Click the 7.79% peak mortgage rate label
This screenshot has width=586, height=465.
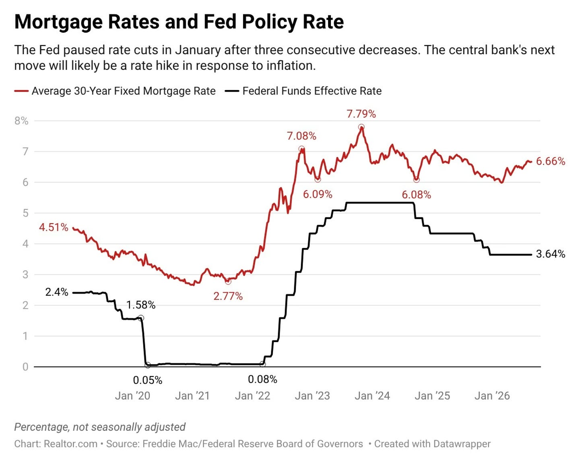[x=361, y=114]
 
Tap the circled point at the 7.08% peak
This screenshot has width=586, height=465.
[x=301, y=149]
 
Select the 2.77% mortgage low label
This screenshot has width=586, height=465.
[x=228, y=296]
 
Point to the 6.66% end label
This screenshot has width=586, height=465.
[x=551, y=161]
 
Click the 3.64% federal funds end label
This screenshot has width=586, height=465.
[x=551, y=254]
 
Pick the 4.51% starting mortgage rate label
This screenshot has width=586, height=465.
[x=54, y=227]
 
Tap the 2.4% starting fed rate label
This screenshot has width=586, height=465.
[x=57, y=292]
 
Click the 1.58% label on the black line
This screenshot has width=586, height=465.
[x=141, y=305]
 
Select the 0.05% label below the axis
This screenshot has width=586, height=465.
[x=148, y=380]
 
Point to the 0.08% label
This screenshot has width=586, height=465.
[x=262, y=379]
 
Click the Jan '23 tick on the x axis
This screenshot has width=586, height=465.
[x=312, y=396]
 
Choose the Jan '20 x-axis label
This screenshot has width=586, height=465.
[x=132, y=396]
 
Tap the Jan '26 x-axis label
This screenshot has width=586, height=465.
[x=492, y=396]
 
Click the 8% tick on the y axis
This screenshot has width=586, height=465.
[x=21, y=121]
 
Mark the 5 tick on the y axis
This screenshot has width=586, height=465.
[x=25, y=213]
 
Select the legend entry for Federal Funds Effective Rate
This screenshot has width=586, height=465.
[x=303, y=91]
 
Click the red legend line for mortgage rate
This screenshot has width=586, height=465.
[x=21, y=91]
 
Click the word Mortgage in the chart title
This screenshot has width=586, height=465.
[x=58, y=22]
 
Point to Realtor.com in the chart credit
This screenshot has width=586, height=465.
[x=70, y=444]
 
